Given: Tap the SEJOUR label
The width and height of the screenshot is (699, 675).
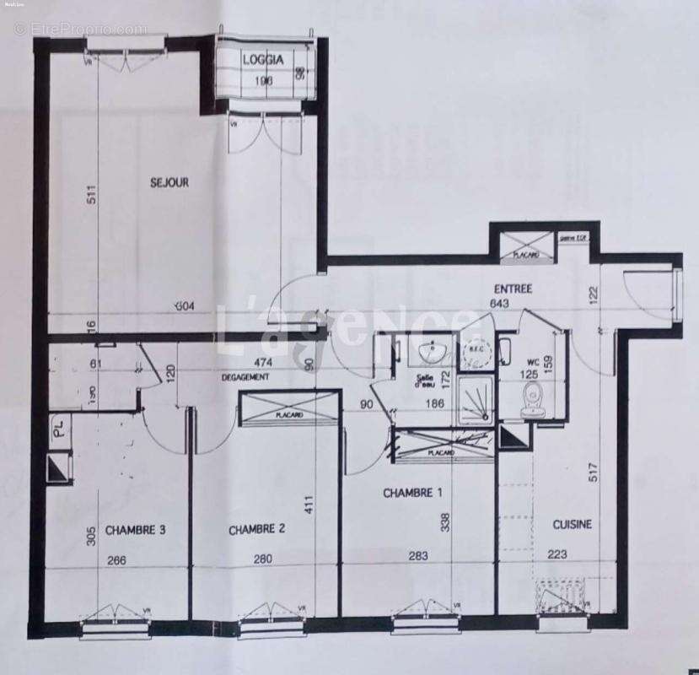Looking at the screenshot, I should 169,182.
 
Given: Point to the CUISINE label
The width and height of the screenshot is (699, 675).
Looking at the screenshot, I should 572,524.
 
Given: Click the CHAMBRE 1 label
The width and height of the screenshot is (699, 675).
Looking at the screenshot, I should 411,493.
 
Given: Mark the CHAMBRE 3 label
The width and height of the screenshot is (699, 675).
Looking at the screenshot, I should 135,530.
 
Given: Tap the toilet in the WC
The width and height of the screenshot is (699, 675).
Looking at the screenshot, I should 530,400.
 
